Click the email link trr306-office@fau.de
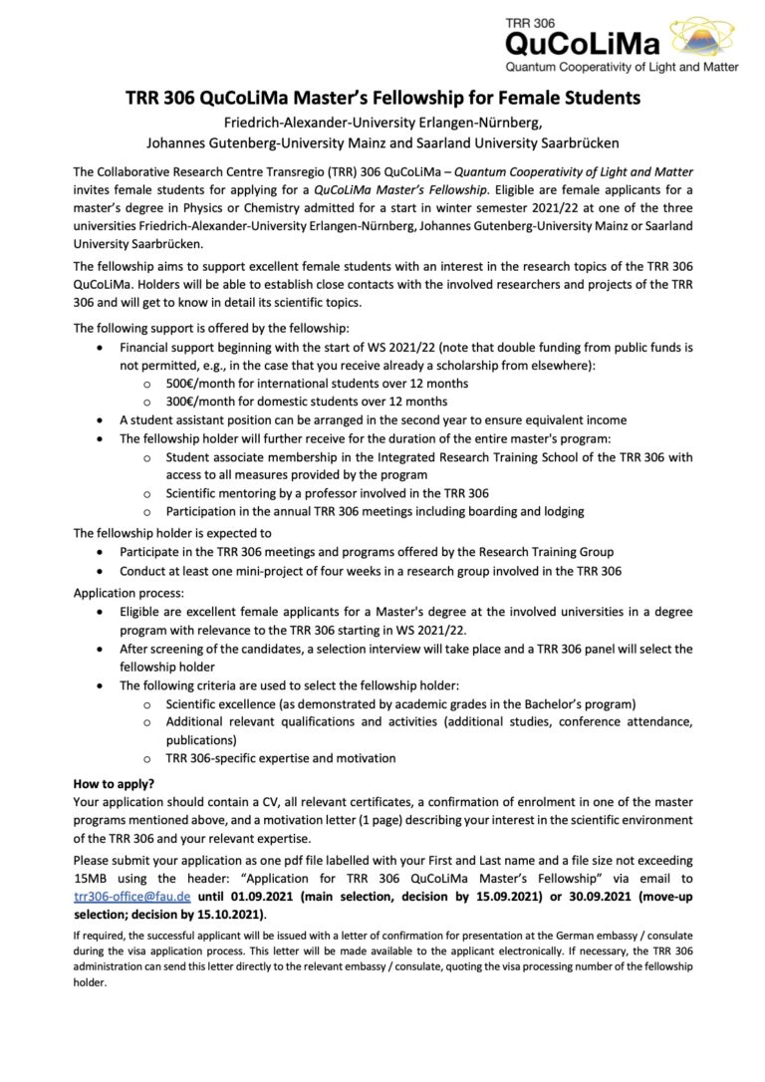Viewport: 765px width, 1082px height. (x=132, y=896)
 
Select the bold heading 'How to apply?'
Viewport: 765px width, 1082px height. (x=118, y=784)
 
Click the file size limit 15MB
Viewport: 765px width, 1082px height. (x=96, y=878)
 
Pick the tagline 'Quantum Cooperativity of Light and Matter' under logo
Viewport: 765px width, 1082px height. (x=623, y=67)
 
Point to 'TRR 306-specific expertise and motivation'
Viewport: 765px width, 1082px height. (x=281, y=758)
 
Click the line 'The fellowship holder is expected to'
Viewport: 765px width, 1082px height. (x=172, y=533)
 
